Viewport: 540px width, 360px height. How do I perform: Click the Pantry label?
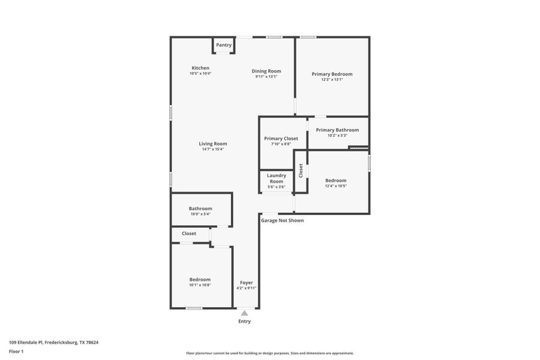coord(224,45)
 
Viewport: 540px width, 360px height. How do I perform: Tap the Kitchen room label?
coord(200,68)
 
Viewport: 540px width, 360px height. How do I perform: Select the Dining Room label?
coord(266,71)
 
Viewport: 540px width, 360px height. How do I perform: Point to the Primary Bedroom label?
coord(332,74)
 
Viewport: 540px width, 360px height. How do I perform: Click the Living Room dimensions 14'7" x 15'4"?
coord(213,149)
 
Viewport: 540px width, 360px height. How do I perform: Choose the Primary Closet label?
coord(281,139)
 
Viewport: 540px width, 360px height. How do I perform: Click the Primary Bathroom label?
coord(337,130)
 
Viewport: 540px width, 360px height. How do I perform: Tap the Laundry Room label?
coord(276,178)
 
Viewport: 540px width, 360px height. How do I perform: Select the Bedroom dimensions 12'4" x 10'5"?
coord(335,186)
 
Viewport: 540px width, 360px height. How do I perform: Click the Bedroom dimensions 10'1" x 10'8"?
coord(200,285)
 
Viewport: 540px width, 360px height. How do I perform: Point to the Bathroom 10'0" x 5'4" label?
coord(200,209)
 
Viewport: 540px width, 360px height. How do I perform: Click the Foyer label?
coord(246,283)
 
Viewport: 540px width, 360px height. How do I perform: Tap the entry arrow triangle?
coord(244,313)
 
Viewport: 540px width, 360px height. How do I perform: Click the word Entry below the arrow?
coord(244,322)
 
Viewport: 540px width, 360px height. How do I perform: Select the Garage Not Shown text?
coord(282,221)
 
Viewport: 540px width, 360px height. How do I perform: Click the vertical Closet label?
coord(301,170)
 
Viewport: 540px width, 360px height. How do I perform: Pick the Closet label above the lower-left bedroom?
coord(189,233)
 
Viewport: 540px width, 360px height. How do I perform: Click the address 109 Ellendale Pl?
coord(53,343)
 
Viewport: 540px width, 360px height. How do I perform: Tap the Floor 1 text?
coord(16,351)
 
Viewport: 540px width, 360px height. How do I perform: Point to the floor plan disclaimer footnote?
coord(269,353)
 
